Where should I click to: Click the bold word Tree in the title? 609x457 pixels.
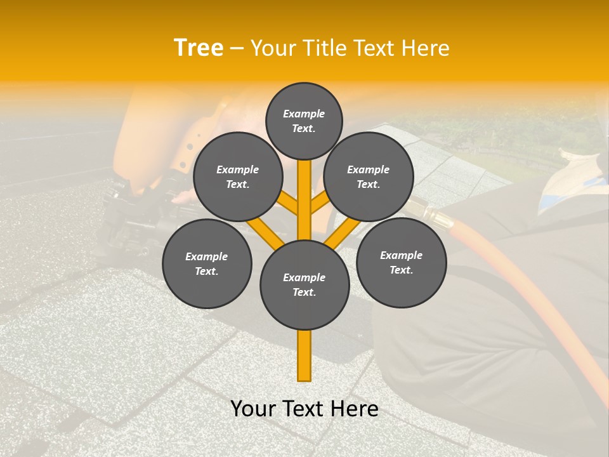pos(199,48)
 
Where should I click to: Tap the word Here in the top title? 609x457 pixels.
pos(425,48)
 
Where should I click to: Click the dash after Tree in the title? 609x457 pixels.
pos(237,49)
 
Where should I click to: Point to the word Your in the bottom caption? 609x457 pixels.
pos(254,409)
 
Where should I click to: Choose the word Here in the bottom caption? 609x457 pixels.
pos(355,409)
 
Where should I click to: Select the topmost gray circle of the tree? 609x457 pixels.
pos(304,121)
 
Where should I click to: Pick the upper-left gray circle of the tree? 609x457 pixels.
pos(237,176)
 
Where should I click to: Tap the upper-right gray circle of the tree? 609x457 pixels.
pos(369,176)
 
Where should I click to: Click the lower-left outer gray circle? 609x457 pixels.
pos(207,263)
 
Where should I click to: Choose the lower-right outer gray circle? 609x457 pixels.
pos(401,262)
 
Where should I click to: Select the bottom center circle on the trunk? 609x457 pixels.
pos(304,284)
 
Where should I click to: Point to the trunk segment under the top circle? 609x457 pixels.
pos(304,190)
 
